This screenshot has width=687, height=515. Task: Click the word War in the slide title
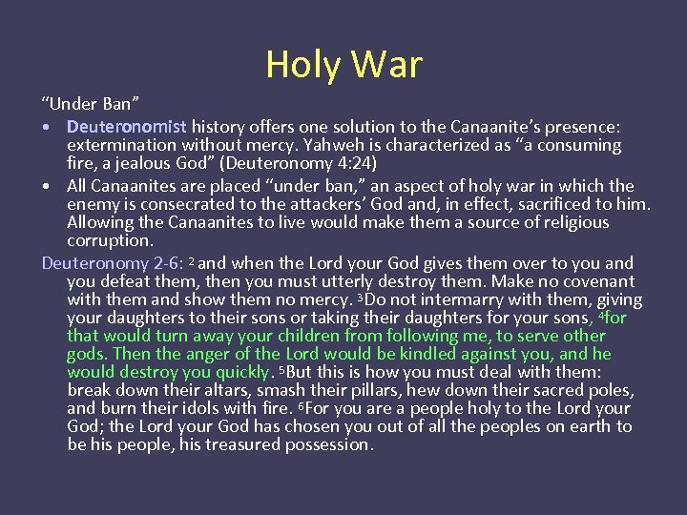386,65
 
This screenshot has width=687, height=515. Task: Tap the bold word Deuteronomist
127,126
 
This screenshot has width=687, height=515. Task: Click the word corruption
110,240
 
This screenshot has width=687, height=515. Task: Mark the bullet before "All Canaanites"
48,186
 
